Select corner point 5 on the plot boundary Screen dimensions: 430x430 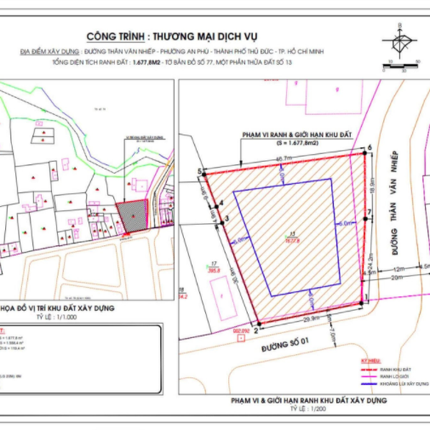click(x=204, y=173)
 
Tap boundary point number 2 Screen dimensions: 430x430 click(x=254, y=323)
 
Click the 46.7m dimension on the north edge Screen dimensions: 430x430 click(x=284, y=158)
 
